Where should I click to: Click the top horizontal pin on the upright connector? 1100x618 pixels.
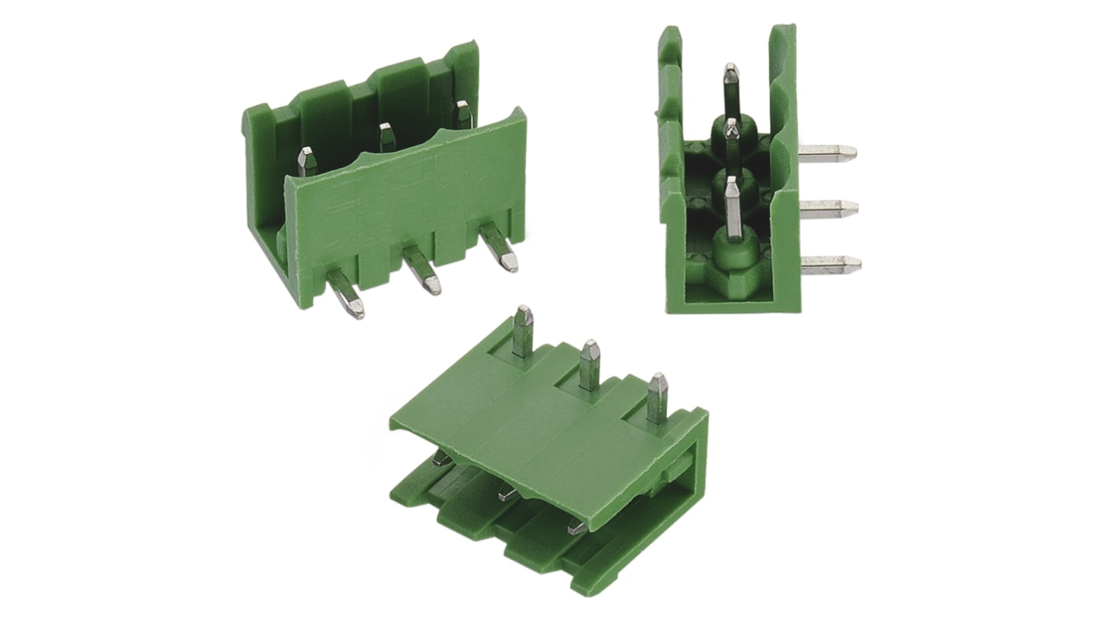(827, 152)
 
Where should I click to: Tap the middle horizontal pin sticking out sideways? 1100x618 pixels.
(828, 208)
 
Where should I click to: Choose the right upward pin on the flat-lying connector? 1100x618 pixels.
(657, 397)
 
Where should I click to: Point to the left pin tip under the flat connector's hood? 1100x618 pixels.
(442, 458)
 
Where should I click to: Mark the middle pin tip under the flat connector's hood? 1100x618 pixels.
(508, 492)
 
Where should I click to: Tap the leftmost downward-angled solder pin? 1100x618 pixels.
(345, 294)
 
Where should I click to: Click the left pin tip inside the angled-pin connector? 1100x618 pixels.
(307, 160)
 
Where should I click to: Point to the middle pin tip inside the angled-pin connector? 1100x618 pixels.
(387, 136)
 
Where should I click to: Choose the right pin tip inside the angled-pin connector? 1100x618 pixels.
(462, 114)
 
